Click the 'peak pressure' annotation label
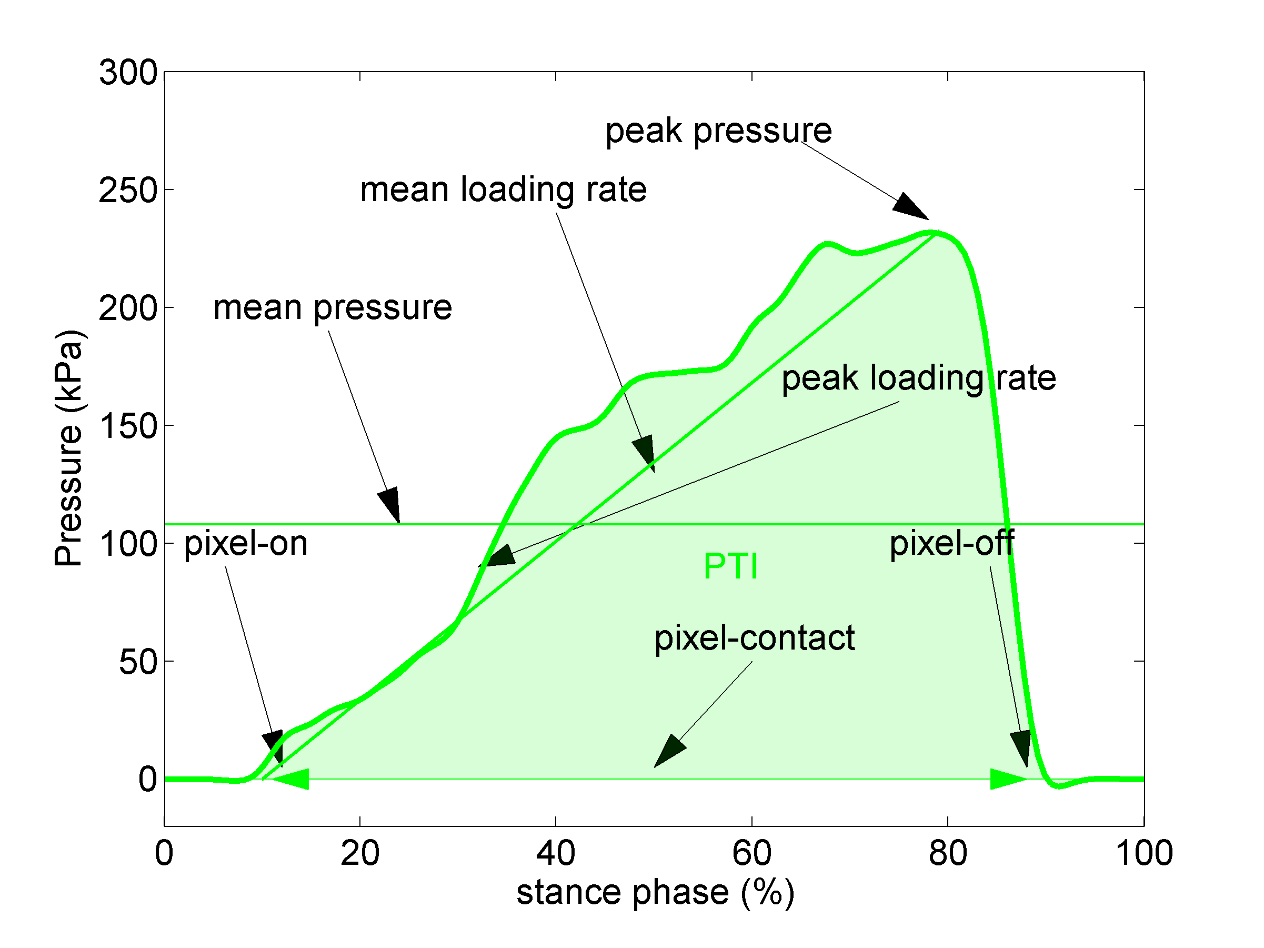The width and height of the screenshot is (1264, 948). [x=718, y=131]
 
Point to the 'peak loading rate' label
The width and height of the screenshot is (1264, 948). [x=918, y=378]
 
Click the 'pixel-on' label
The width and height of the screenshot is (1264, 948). [x=246, y=543]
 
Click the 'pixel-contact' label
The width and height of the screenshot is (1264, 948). [x=754, y=638]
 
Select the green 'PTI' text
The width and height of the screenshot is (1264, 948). [x=730, y=566]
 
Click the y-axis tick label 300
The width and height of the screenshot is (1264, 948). [x=128, y=73]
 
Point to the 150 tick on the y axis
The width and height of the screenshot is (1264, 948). [x=128, y=426]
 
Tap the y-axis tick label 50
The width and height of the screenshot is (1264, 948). [x=138, y=662]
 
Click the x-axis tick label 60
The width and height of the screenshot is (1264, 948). [x=751, y=853]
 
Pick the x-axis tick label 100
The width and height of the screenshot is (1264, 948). [x=1143, y=853]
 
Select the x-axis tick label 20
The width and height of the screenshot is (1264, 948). [x=360, y=853]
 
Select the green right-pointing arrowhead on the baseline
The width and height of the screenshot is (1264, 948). [x=1007, y=779]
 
